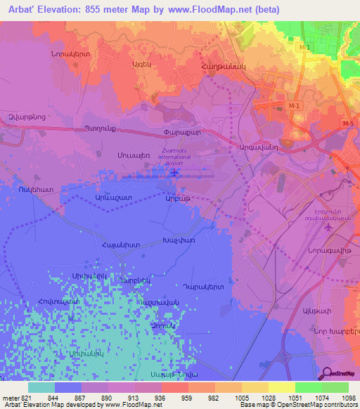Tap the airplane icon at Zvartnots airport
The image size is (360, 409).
pos(174,170)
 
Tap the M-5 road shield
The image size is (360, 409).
pos(349,124)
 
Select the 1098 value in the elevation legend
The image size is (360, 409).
pos(349,396)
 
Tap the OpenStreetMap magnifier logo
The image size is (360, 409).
pos(327,372)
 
